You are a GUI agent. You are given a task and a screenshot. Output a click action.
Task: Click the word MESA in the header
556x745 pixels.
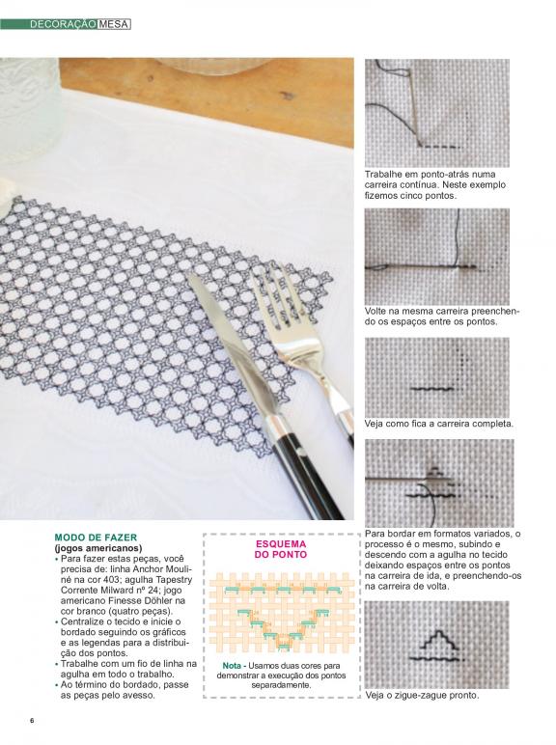[114, 24]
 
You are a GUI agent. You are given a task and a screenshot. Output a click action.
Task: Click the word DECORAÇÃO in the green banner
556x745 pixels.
[64, 24]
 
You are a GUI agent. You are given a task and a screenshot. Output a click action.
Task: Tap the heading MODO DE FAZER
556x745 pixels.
[96, 538]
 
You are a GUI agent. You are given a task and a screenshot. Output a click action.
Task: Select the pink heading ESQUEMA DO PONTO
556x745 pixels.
[281, 549]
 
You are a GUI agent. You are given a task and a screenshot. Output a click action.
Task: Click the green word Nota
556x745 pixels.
[232, 666]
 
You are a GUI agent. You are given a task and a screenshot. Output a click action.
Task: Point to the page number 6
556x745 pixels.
[32, 720]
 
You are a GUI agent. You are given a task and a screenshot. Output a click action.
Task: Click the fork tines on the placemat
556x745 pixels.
[278, 298]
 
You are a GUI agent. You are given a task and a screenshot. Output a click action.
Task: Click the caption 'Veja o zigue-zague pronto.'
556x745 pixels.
[422, 695]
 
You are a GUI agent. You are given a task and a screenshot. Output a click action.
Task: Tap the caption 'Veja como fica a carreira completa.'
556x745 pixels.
[439, 424]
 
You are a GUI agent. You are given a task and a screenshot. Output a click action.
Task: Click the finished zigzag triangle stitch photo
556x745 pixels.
[436, 645]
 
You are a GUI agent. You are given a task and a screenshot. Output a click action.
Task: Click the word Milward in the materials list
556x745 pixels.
[108, 590]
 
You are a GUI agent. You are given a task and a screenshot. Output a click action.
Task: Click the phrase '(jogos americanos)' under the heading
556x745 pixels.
[98, 547]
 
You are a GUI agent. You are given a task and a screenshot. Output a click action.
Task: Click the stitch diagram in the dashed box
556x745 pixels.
[282, 612]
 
